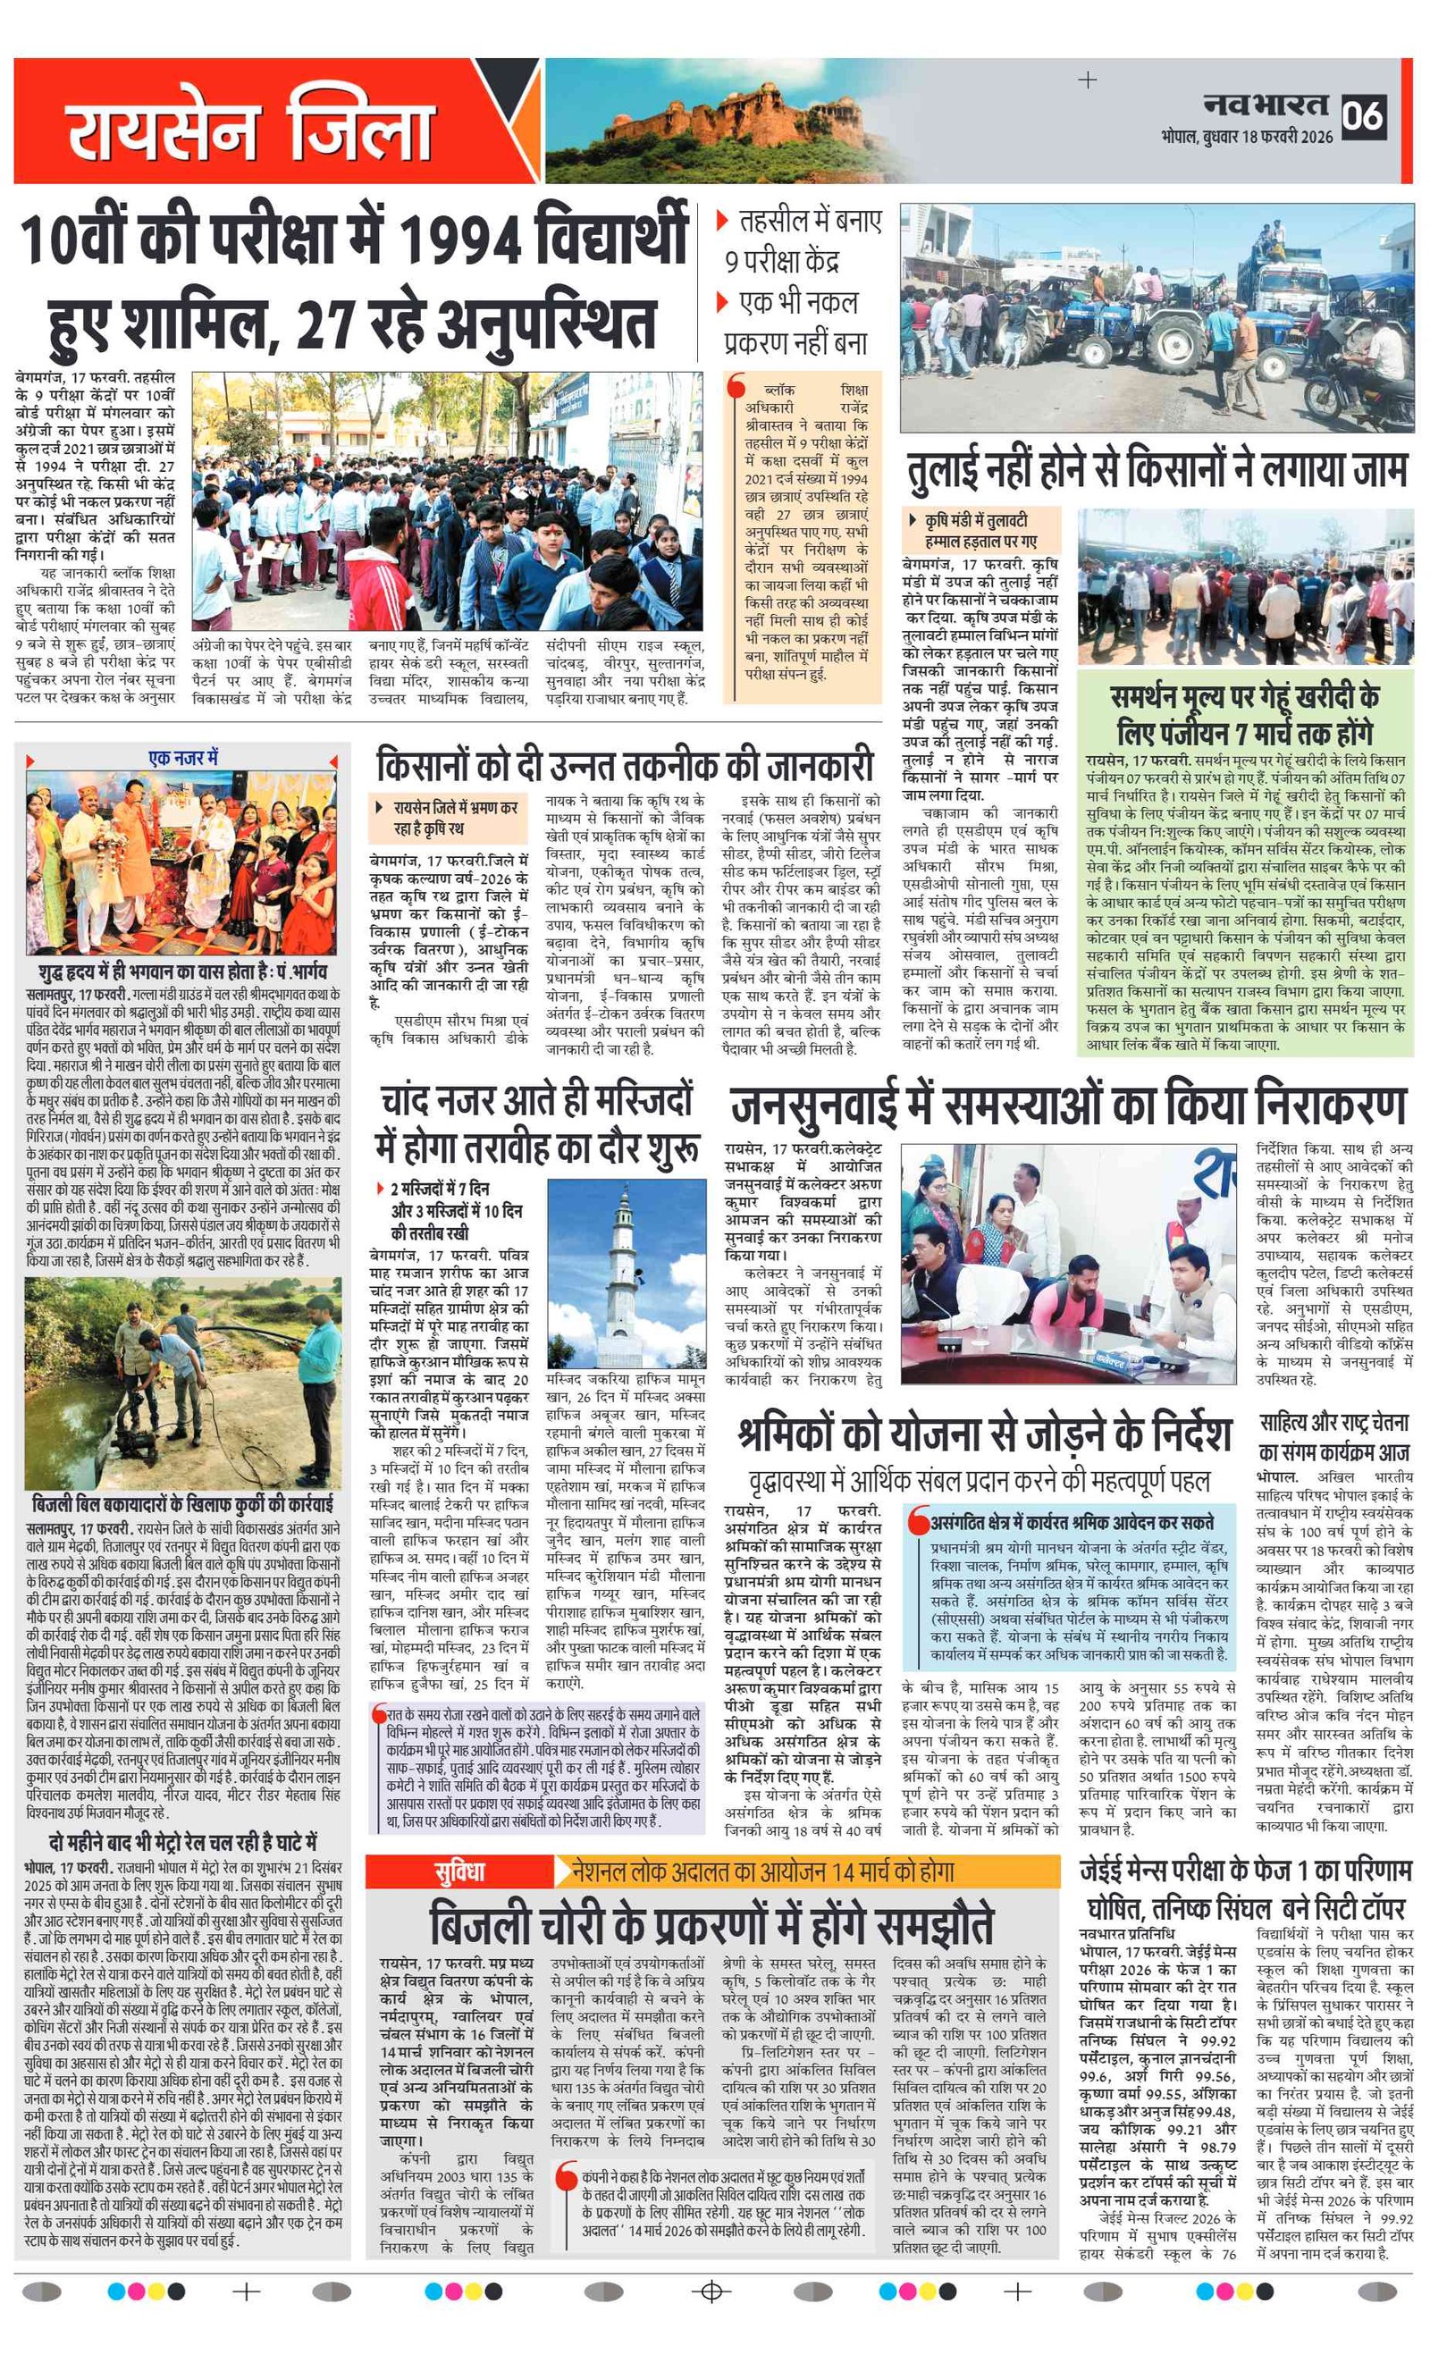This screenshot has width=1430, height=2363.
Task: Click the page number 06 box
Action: click(1362, 116)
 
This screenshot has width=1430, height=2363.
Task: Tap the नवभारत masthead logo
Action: click(1266, 105)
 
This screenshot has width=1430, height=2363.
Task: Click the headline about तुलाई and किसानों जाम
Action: click(1157, 470)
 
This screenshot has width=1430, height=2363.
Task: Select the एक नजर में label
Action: click(183, 758)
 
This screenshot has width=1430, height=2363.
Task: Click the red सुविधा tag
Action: click(459, 1871)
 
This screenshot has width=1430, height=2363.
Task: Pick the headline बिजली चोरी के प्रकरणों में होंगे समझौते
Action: click(711, 1922)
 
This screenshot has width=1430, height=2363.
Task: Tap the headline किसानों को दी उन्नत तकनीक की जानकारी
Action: click(625, 766)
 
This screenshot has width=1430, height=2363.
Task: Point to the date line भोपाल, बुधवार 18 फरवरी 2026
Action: click(1246, 137)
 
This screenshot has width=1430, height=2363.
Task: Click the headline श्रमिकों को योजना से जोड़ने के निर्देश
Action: click(984, 1433)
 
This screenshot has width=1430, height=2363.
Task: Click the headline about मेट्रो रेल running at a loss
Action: click(183, 1842)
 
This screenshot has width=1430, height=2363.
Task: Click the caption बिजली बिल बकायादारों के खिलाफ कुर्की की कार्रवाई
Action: click(183, 1502)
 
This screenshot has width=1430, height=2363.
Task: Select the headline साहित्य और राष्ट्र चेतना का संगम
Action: click(1334, 1436)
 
